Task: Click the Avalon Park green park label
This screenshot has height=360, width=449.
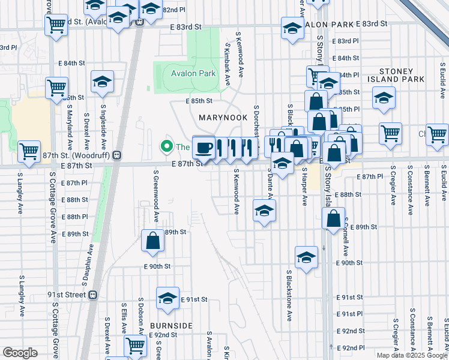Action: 193,74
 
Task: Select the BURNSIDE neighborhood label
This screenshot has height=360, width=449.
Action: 171,326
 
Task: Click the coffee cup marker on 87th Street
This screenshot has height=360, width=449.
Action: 203,148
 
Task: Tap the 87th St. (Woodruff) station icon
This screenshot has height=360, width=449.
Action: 118,155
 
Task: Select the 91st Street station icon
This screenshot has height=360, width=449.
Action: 92,295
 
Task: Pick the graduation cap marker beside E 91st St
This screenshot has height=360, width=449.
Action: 167,298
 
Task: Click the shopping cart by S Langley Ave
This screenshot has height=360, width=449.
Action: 29,152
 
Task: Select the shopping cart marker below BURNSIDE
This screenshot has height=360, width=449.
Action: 136,346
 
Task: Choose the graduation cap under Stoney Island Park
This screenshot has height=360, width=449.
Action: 384,98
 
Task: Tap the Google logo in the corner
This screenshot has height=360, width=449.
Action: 20,353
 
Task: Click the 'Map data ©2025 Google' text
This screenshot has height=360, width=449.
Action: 411,355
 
